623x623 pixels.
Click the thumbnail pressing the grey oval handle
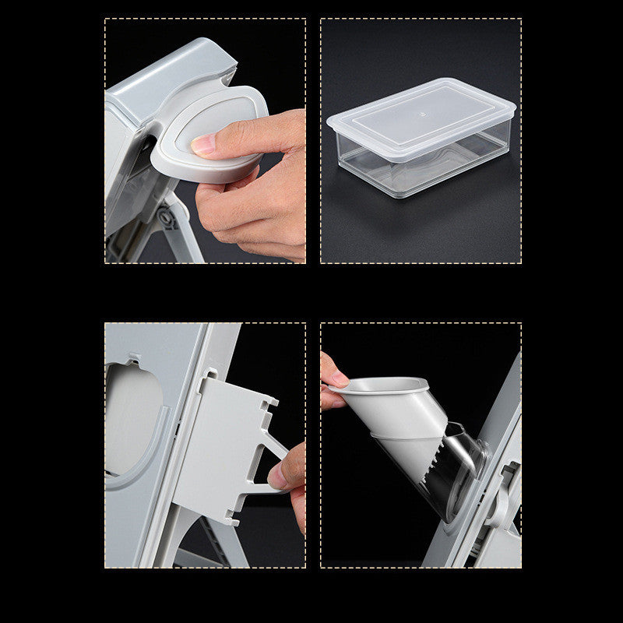pyautogui.click(x=202, y=143)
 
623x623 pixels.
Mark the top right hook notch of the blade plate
pyautogui.click(x=270, y=402)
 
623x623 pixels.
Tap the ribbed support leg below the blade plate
pyautogui.click(x=210, y=545)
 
